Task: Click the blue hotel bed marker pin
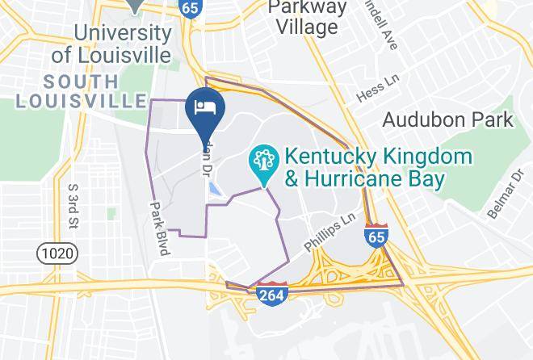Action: tap(205, 108)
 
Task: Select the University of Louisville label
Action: tap(122, 44)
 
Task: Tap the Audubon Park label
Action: tap(447, 120)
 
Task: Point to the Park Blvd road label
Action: tap(158, 228)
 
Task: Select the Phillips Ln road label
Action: tap(329, 232)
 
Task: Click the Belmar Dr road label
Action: tap(505, 194)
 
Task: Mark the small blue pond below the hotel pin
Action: tap(216, 190)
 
